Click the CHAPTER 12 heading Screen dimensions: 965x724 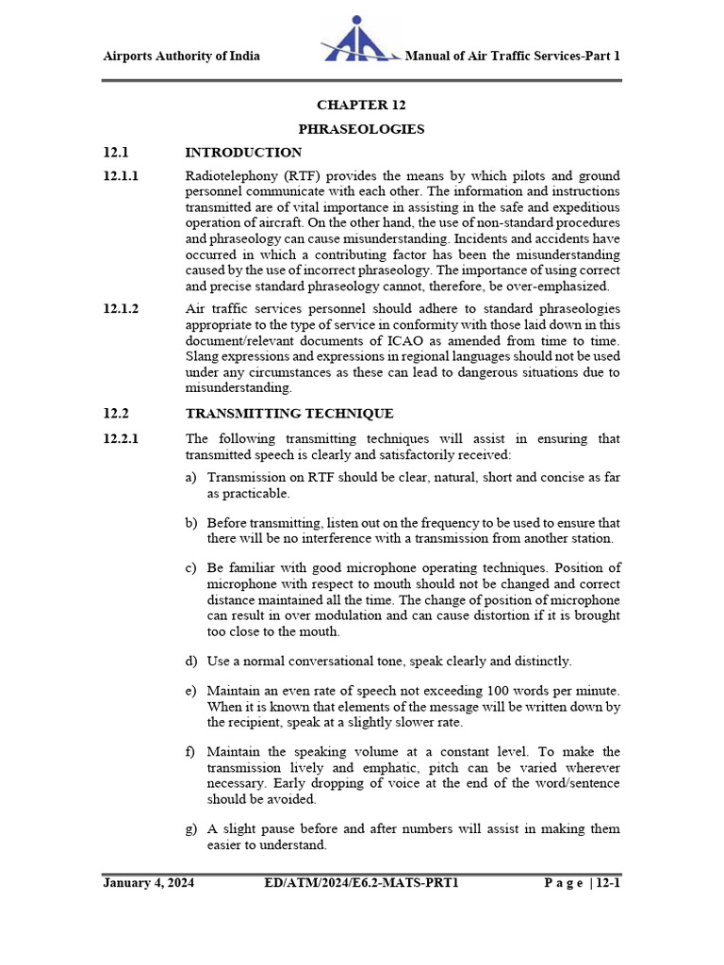361,105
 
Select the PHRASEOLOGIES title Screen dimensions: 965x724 361,129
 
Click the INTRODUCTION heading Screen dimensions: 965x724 243,153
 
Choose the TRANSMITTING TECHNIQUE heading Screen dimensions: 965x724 289,414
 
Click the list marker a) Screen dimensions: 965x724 191,478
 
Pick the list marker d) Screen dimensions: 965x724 191,662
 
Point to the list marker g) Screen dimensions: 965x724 191,829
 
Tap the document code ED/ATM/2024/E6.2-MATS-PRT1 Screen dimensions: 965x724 363,883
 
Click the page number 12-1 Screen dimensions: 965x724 604,883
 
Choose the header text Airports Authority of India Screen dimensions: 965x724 181,56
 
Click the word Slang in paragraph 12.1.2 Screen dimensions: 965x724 203,356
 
